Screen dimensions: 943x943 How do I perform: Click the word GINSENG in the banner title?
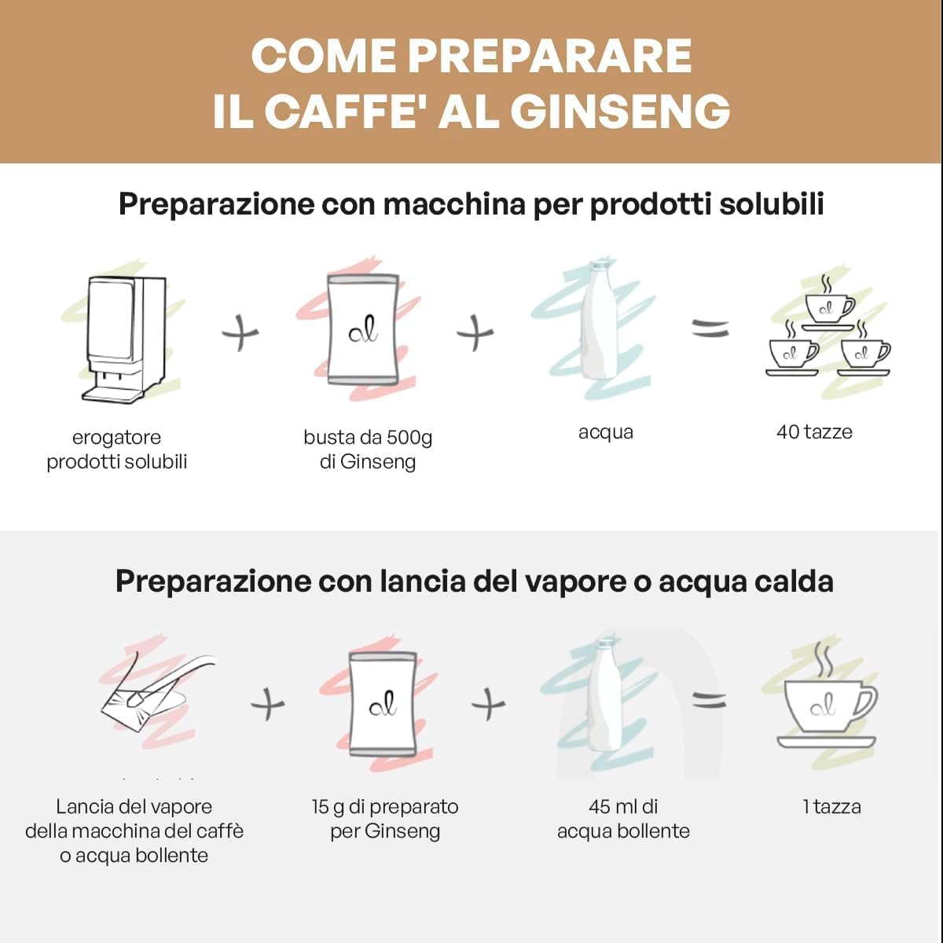(x=620, y=112)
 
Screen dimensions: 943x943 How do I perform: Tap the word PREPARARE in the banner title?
(x=549, y=56)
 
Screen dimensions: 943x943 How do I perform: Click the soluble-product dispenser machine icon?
(x=125, y=339)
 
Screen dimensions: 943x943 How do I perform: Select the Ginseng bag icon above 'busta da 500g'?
(x=362, y=328)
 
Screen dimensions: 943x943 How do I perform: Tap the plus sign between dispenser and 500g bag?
(x=240, y=333)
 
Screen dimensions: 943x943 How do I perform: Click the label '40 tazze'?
(x=814, y=432)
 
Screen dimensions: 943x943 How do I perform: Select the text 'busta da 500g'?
(x=368, y=438)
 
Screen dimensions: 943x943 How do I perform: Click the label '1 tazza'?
(x=832, y=807)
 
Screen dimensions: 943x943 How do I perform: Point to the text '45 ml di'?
(x=623, y=807)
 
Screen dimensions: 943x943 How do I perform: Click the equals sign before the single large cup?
(x=709, y=702)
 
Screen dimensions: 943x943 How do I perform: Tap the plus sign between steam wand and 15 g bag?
(x=268, y=705)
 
